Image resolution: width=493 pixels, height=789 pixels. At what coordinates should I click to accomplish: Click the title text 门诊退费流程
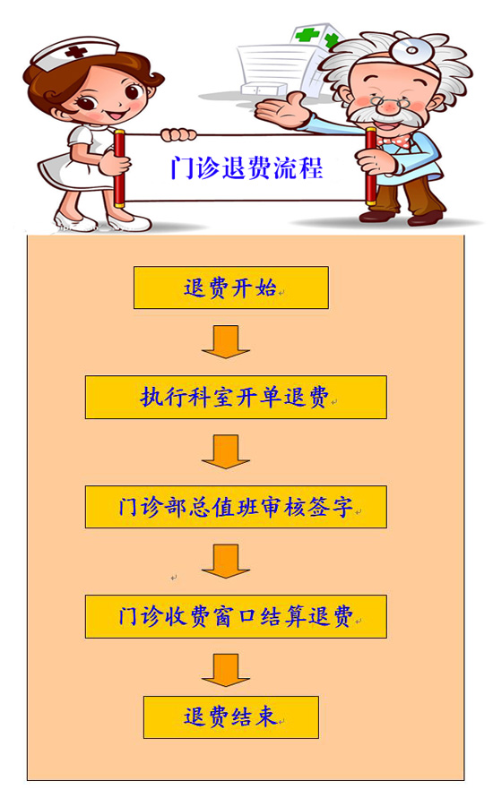click(x=246, y=167)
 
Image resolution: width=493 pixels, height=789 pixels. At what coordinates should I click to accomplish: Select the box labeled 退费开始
click(x=231, y=287)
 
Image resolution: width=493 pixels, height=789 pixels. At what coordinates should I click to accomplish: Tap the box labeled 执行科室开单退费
click(x=236, y=397)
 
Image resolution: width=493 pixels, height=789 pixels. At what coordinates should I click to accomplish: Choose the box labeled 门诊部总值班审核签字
click(x=236, y=507)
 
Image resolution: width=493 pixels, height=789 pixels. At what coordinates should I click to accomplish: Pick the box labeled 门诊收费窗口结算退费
click(x=236, y=616)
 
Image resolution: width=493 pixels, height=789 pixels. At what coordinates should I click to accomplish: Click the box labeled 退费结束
click(x=231, y=717)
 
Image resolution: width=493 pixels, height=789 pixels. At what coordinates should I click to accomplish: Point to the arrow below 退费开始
click(x=226, y=342)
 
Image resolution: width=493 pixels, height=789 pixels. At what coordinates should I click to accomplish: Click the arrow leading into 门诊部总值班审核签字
click(x=226, y=451)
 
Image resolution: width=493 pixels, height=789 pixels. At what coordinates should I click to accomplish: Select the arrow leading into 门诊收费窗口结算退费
click(x=226, y=561)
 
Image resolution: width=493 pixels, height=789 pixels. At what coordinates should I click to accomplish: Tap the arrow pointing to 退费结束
click(x=226, y=670)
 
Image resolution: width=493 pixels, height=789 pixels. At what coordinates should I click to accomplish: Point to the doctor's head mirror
click(x=411, y=49)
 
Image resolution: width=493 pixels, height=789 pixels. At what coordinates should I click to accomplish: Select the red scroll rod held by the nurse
click(x=119, y=168)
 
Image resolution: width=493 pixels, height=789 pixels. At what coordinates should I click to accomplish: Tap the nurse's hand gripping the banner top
click(x=178, y=134)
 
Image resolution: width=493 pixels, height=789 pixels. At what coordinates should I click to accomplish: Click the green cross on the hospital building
click(x=307, y=35)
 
